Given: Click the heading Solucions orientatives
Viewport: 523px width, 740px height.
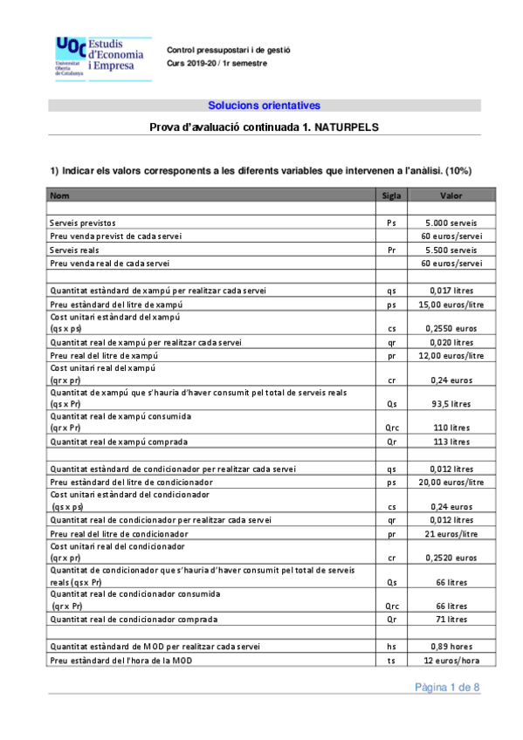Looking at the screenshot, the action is click(264, 106).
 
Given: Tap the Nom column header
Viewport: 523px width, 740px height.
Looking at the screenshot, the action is click(60, 196).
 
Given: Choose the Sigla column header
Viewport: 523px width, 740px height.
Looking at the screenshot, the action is click(391, 196).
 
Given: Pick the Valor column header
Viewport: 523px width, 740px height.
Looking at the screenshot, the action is click(451, 196).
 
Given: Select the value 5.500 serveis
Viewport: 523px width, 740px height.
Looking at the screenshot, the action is click(451, 250).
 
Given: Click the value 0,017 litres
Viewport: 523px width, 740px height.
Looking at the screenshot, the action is click(451, 291).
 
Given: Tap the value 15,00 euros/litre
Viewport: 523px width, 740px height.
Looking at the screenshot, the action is click(451, 304).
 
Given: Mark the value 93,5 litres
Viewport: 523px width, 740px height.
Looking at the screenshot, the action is click(451, 404).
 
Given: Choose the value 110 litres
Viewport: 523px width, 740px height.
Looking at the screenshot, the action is click(451, 428).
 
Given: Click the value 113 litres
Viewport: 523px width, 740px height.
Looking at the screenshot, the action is click(451, 442).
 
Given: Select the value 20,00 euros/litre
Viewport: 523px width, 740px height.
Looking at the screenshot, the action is click(451, 482).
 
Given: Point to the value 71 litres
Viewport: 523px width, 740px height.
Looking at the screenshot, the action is click(451, 620).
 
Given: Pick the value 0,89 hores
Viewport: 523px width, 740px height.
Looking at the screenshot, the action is click(451, 647).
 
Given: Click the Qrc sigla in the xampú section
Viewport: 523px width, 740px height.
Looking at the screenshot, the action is click(391, 428).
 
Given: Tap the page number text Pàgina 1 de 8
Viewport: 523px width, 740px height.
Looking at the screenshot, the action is click(446, 689).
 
